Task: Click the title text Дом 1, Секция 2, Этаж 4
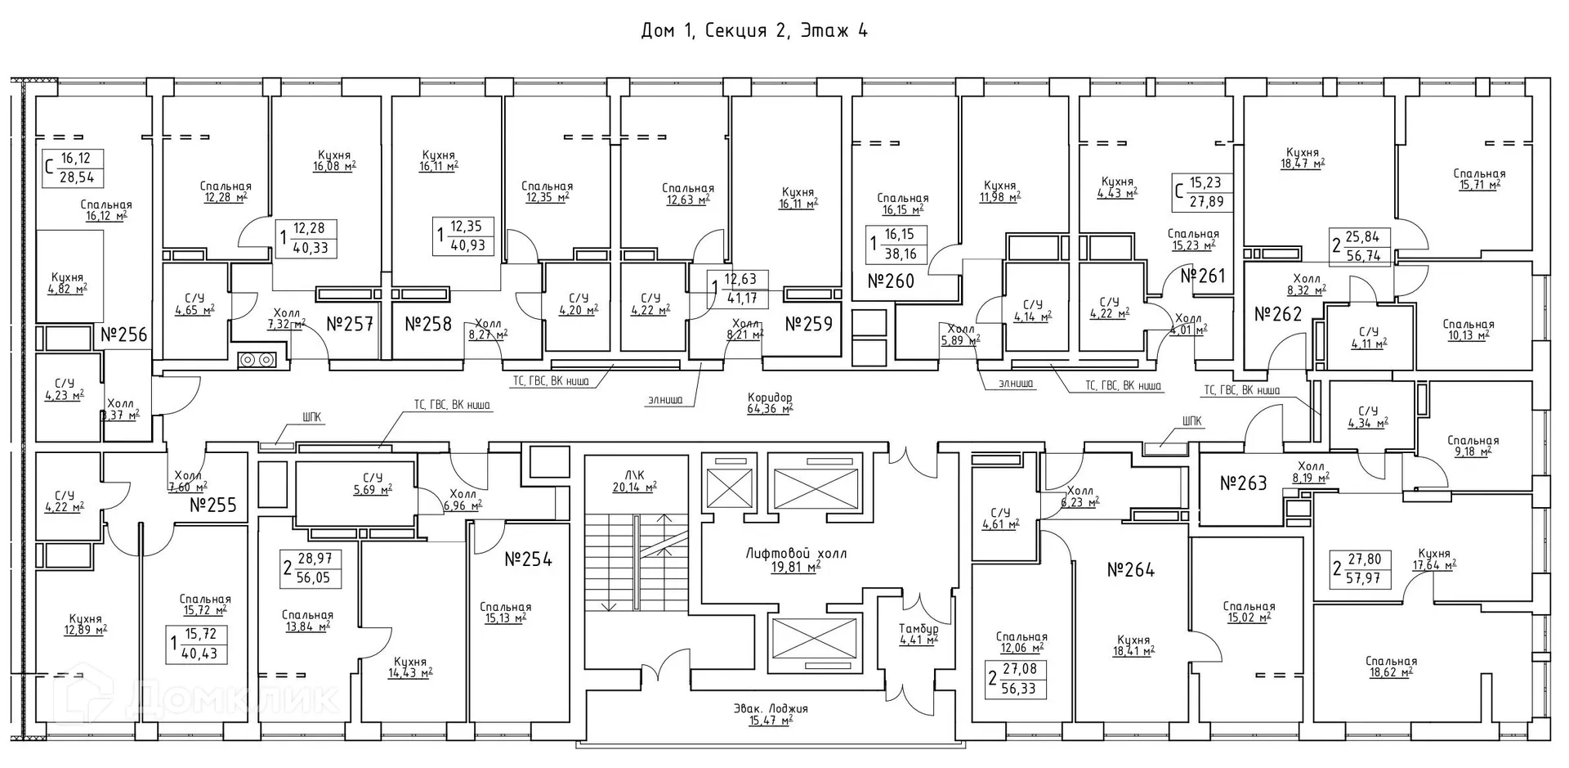pyautogui.click(x=753, y=31)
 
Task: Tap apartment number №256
pyautogui.click(x=124, y=335)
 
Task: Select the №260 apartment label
pyautogui.click(x=890, y=281)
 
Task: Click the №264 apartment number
pyautogui.click(x=1130, y=570)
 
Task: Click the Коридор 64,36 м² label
pyautogui.click(x=770, y=403)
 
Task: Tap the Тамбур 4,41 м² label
pyautogui.click(x=918, y=634)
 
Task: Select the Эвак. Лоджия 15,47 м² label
pyautogui.click(x=770, y=714)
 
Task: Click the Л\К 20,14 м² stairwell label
pyautogui.click(x=634, y=481)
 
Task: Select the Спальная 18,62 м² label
pyautogui.click(x=1390, y=667)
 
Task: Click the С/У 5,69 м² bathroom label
pyautogui.click(x=372, y=483)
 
